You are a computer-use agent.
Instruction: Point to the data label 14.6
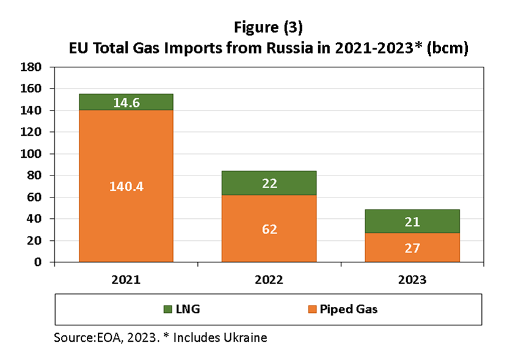point(126,103)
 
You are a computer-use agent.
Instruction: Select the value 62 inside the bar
point(269,230)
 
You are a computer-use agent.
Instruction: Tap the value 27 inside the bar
point(412,249)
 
